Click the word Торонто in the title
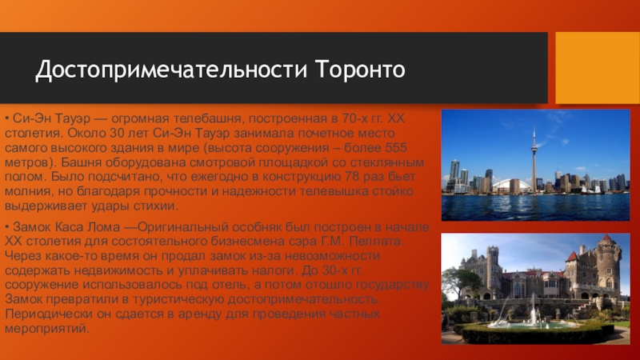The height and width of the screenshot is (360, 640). [x=361, y=69]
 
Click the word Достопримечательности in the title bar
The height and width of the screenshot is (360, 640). [x=171, y=70]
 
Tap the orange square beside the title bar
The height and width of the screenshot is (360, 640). [x=598, y=68]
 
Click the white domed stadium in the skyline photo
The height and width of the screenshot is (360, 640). [x=506, y=186]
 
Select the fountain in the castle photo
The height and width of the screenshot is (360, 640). [x=534, y=314]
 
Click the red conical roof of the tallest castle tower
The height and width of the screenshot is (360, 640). [x=607, y=238]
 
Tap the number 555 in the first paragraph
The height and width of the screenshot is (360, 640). [x=395, y=147]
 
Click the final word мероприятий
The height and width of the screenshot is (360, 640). [x=47, y=329]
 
